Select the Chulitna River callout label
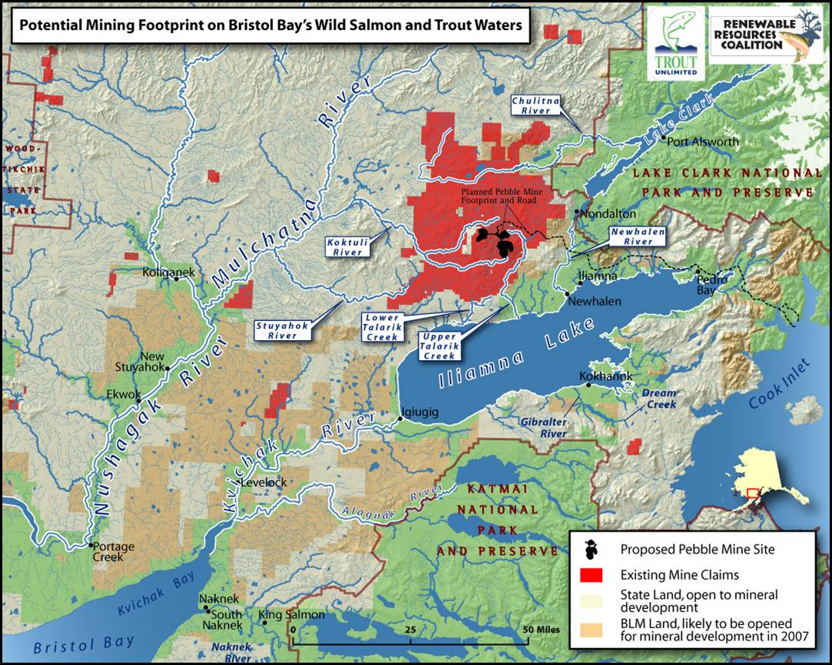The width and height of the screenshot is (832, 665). click(532, 105)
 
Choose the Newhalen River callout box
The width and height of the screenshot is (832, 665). click(637, 237)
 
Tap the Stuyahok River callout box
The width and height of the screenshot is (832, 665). click(282, 330)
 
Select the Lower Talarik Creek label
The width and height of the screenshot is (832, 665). click(382, 326)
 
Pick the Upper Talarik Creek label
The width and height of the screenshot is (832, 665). click(439, 346)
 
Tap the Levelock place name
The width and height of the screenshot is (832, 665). click(264, 482)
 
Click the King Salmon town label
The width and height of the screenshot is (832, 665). click(291, 615)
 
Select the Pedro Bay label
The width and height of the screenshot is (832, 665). click(705, 284)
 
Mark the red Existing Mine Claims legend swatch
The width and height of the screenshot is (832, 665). click(590, 574)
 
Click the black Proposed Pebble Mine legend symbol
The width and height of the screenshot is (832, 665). click(590, 548)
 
